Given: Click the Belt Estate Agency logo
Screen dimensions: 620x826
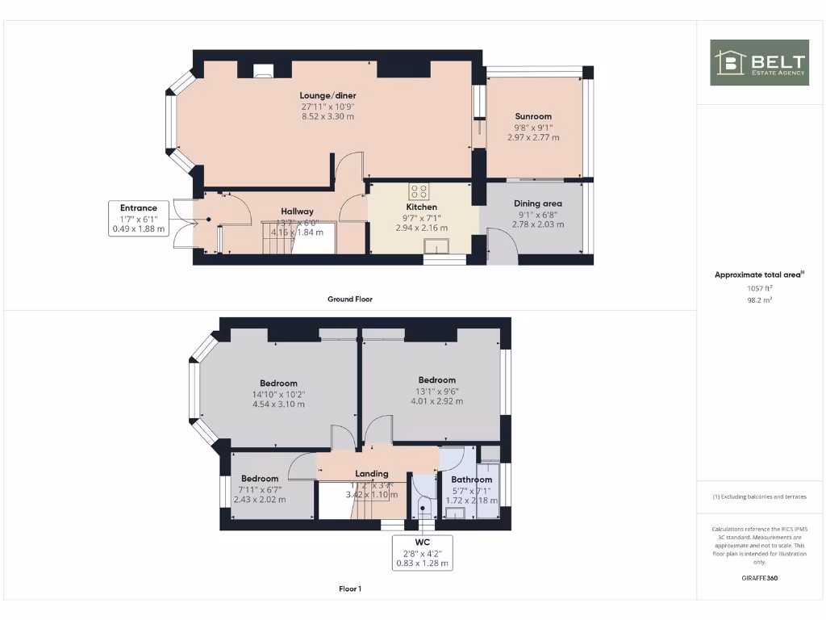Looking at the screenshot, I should (759, 62).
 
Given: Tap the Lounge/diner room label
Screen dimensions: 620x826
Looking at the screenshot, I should (327, 96).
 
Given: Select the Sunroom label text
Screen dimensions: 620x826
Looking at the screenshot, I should (533, 116).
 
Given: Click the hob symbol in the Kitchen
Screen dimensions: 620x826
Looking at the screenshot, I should (419, 191).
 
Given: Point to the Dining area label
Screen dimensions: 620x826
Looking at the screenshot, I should (537, 203).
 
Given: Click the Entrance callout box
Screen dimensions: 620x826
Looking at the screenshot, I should (139, 218).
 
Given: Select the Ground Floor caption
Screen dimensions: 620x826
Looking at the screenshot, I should (349, 300).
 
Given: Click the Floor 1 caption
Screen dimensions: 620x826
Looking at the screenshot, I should (350, 589).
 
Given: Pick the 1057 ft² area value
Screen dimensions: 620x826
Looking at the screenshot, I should (758, 287).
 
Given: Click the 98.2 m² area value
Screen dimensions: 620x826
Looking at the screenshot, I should (758, 299).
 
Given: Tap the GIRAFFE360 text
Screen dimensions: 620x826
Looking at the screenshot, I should (759, 578).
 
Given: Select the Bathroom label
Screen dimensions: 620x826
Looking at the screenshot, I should (472, 480).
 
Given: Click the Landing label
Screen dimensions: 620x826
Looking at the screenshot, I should (372, 474).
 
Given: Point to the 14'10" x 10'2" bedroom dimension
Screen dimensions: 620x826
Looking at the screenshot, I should (278, 394).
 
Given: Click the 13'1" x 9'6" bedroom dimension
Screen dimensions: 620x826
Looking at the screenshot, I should (436, 391).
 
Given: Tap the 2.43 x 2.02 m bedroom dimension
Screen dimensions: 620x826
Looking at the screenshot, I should (259, 500).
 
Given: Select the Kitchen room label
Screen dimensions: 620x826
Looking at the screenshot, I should (421, 207).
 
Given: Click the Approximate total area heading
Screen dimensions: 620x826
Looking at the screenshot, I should (758, 275).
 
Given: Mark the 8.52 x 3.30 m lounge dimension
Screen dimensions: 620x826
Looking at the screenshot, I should (327, 117).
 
